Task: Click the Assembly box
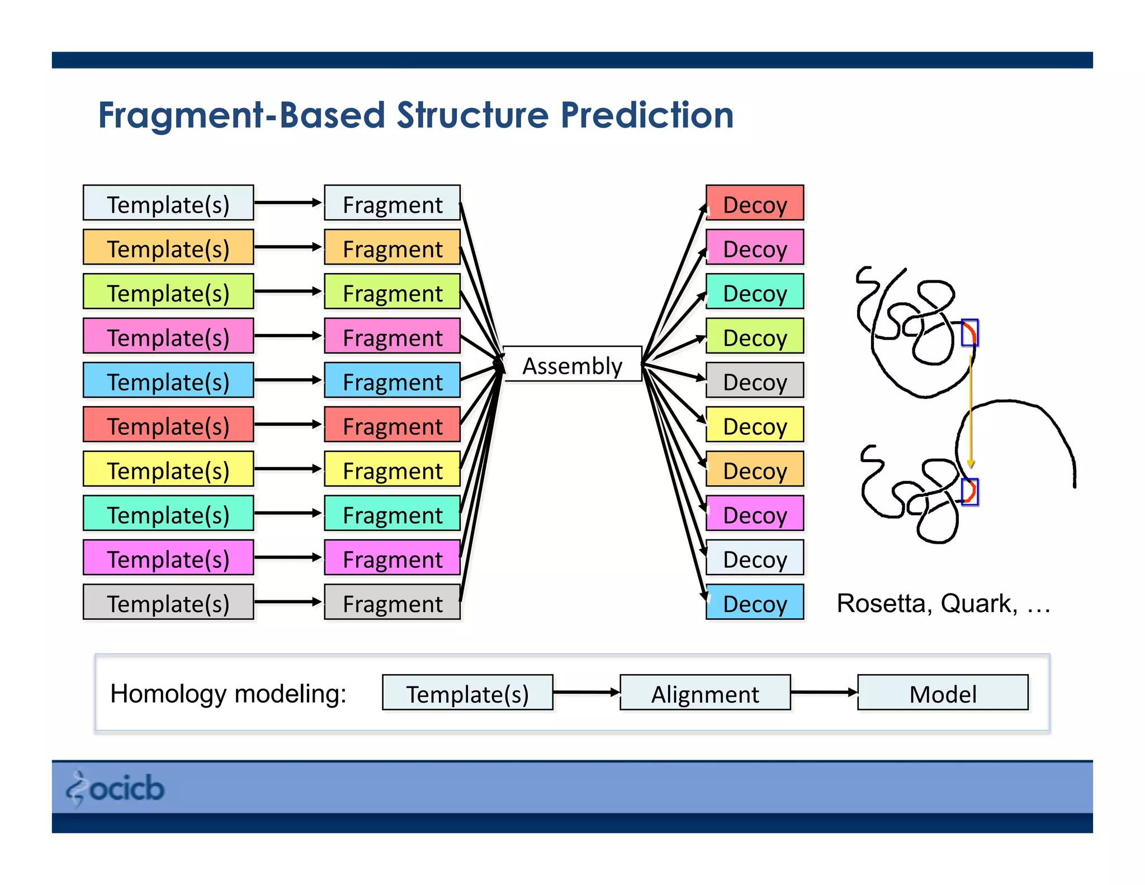tap(572, 364)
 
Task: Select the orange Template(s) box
tap(168, 247)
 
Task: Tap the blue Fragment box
tap(392, 380)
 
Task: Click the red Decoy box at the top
tap(754, 203)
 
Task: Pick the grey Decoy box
tap(754, 380)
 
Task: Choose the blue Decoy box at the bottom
tap(754, 602)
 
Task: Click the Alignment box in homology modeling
tap(705, 693)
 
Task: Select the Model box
tap(943, 693)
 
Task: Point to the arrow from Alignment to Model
tap(824, 693)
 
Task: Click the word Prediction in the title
tap(647, 115)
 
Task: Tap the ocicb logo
tap(116, 788)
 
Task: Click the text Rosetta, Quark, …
tap(943, 603)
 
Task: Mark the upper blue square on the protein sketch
tap(969, 333)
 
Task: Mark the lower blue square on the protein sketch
tap(969, 492)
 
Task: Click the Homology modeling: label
tap(228, 694)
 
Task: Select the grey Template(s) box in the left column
tap(168, 602)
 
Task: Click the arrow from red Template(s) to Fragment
tap(288, 425)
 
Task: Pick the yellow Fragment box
tap(392, 469)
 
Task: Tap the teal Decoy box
tap(754, 291)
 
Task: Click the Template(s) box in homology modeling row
tap(467, 693)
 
